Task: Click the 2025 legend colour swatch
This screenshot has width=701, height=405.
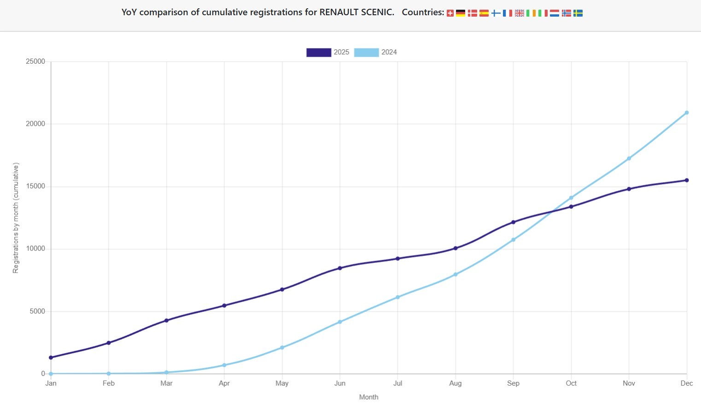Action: tap(318, 52)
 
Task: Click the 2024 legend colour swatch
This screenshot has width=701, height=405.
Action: tap(366, 52)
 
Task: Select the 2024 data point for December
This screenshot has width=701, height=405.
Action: tap(686, 113)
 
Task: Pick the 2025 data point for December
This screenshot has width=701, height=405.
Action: tap(686, 180)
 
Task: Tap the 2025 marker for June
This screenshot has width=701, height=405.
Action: tap(340, 268)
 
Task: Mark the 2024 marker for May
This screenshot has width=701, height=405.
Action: tap(282, 347)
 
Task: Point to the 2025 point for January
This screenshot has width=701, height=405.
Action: tap(51, 357)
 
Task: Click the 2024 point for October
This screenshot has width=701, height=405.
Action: tap(571, 198)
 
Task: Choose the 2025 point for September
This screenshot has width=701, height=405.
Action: tap(513, 222)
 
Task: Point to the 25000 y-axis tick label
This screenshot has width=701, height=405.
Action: tap(35, 61)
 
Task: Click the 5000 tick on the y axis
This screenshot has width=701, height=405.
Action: tap(37, 311)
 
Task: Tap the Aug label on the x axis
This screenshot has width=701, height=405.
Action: tap(455, 383)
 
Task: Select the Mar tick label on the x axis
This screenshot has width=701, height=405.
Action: tap(166, 383)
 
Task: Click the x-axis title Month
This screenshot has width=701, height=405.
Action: tap(368, 397)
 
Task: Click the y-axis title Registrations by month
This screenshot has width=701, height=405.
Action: tap(16, 218)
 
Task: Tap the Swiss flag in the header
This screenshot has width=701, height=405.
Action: tap(450, 13)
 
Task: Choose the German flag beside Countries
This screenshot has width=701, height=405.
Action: tap(461, 13)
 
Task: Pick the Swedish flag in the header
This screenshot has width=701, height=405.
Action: tap(578, 13)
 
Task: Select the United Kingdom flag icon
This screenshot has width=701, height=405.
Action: tap(520, 13)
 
